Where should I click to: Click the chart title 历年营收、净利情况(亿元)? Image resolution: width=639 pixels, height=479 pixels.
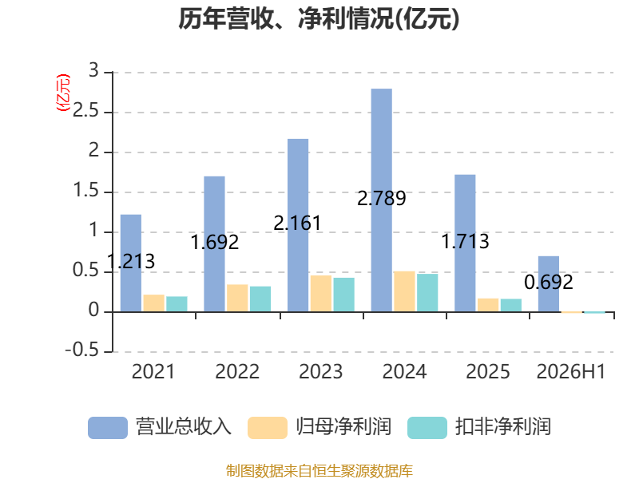pos(319,19)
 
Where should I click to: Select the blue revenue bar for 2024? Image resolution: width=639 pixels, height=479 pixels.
pos(382,200)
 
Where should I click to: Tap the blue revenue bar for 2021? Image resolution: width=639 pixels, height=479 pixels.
pos(131,263)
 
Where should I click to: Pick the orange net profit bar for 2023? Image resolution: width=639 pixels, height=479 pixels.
pos(321,294)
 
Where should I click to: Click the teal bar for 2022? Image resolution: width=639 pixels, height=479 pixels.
pos(260,299)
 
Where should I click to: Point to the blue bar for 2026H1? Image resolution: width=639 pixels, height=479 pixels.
pos(549,284)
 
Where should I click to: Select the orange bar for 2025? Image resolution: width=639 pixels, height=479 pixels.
pos(488,305)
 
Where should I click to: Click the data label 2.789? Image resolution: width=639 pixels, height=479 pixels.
pos(382,198)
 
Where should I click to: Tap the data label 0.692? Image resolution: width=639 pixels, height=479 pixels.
pos(549,283)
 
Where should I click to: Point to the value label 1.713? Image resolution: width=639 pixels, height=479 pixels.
pos(465,242)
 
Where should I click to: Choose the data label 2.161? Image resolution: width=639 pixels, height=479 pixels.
pos(297,224)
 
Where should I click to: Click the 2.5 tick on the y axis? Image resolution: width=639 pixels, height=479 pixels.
pos(85,111)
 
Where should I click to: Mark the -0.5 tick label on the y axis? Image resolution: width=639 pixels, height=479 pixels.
pos(82,350)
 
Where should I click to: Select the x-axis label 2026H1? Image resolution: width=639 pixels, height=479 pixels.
pos(571,371)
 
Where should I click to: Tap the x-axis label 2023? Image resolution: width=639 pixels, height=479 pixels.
pos(321,371)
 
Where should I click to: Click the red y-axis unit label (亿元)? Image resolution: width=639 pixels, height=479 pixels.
pos(63,93)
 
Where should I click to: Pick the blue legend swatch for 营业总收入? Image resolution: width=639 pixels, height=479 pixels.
pos(108,428)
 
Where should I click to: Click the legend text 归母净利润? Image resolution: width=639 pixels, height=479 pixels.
pos(343,427)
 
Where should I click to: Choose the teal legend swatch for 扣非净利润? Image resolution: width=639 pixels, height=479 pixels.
pos(427,428)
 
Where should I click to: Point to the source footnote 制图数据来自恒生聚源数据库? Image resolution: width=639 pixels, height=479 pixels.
pos(319,471)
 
